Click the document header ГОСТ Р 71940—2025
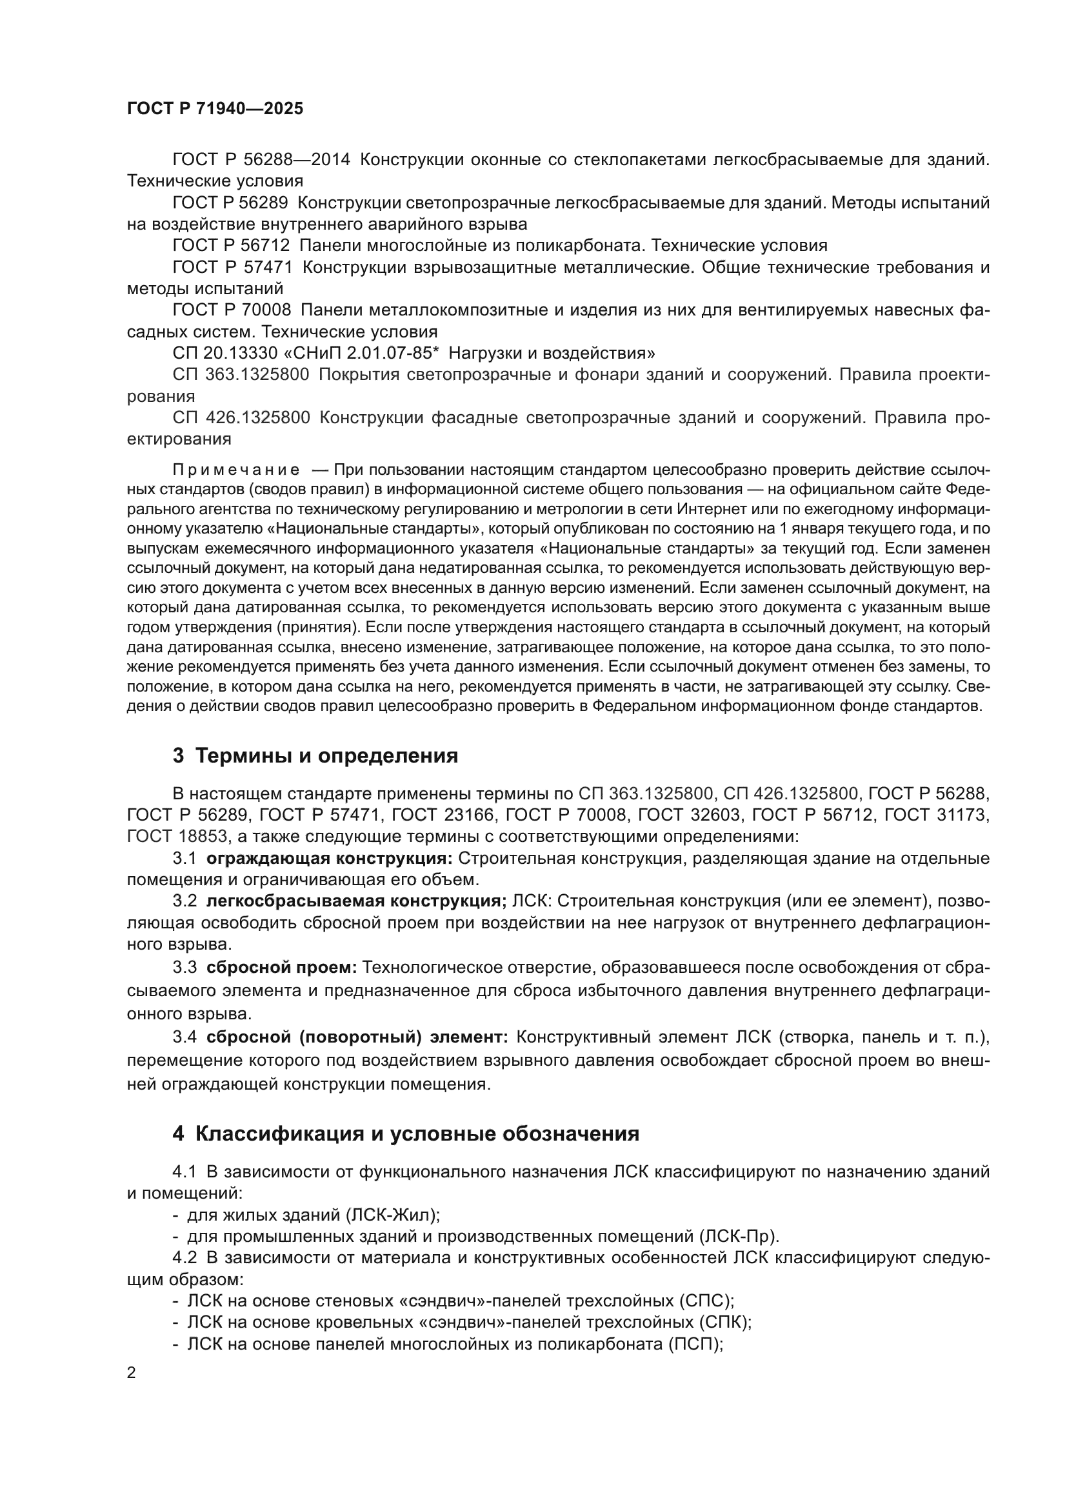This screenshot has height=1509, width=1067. [x=215, y=109]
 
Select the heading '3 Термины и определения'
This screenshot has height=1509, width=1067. [x=315, y=756]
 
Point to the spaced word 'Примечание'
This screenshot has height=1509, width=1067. [x=236, y=470]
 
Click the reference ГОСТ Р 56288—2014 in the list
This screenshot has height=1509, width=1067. [x=261, y=160]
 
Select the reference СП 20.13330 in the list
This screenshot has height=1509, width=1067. [x=218, y=354]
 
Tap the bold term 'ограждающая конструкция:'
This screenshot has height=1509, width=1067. [x=330, y=858]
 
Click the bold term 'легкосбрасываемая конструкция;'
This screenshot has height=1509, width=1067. [x=356, y=901]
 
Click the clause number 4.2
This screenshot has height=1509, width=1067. [x=184, y=1257]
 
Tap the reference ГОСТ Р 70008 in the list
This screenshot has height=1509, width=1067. [x=232, y=310]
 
